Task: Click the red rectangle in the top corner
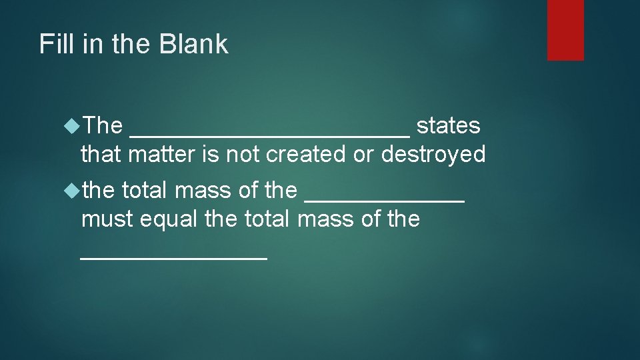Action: [x=565, y=30]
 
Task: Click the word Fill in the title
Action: [x=54, y=45]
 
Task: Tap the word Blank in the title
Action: [x=194, y=45]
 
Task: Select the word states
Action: [x=448, y=125]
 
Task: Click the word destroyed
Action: [x=433, y=155]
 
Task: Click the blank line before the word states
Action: [x=270, y=133]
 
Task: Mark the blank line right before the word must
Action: [x=384, y=199]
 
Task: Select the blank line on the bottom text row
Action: [x=173, y=257]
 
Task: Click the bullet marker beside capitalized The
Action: [x=72, y=125]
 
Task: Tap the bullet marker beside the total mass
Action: [x=72, y=190]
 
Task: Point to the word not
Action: [x=243, y=155]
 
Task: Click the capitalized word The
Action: [x=103, y=125]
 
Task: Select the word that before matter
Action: [x=101, y=155]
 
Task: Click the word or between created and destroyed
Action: [x=363, y=155]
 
